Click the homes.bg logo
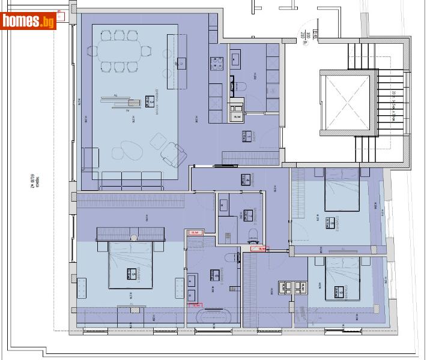[x=28, y=21]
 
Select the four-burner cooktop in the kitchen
[x=215, y=62]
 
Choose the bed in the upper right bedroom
[x=342, y=188]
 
